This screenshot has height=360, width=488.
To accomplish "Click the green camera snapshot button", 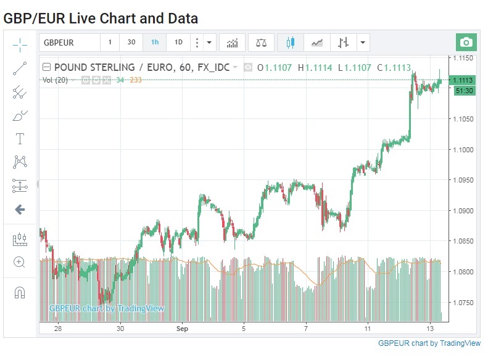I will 466,43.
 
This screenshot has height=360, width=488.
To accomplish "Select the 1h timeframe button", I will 154,43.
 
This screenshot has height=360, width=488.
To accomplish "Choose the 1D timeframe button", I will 178,43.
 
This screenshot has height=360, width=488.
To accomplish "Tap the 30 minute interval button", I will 131,43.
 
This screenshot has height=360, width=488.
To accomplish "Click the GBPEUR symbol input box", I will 70,43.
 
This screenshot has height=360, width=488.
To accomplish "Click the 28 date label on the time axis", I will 57,329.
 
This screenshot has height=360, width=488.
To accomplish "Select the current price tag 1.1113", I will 463,80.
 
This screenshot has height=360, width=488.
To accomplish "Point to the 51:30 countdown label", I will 464,91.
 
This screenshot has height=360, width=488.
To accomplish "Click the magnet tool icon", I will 20,292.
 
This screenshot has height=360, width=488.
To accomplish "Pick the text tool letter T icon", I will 20,138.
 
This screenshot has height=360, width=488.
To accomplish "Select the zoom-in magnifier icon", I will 20,262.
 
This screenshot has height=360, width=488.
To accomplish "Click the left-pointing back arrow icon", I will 20,210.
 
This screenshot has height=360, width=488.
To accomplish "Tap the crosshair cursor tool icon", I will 20,44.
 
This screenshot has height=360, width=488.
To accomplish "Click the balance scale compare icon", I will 261,43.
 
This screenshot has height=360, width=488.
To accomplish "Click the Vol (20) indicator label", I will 55,80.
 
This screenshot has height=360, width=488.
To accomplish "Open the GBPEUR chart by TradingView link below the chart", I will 429,343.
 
